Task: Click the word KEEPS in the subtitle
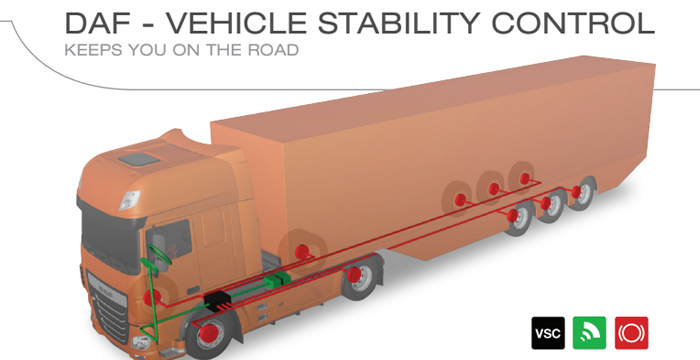tap(88, 50)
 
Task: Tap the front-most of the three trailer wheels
tap(516, 216)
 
